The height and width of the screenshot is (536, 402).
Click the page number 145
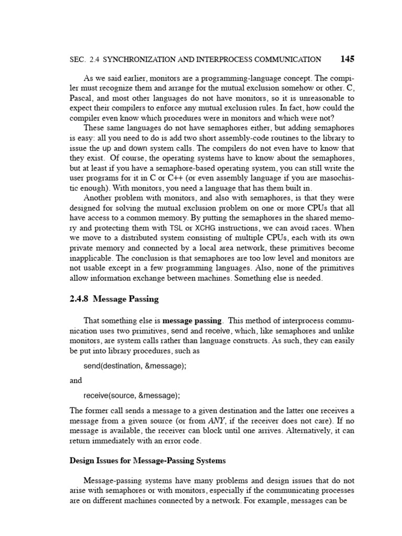pos(348,59)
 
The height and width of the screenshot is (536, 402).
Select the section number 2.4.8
pos(80,299)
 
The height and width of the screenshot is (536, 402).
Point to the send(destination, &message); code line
pos(135,366)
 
